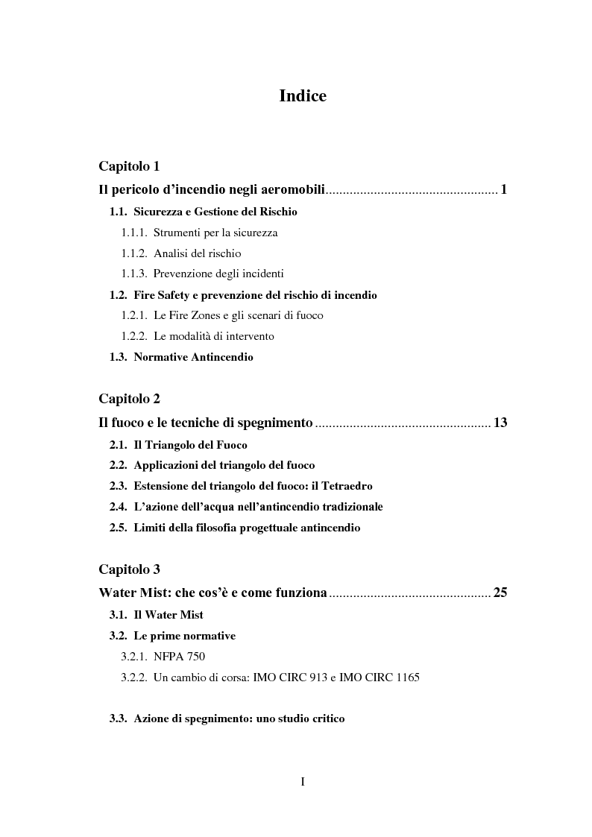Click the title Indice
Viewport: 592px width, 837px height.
(302, 96)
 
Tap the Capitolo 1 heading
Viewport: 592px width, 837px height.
(129, 165)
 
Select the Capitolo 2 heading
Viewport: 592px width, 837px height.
(129, 399)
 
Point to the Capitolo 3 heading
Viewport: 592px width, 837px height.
(129, 569)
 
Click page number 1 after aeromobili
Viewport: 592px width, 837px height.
(504, 190)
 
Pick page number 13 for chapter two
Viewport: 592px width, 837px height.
(500, 423)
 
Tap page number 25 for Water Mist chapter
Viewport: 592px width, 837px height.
(500, 594)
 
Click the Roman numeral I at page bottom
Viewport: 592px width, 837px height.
(303, 782)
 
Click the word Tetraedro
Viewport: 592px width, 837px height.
(346, 486)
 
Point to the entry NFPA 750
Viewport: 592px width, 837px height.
(179, 657)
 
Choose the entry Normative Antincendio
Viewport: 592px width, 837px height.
(193, 357)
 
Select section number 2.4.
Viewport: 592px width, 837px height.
(119, 507)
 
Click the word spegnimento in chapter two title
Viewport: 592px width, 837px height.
(275, 423)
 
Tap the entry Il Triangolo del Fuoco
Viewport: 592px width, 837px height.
(190, 445)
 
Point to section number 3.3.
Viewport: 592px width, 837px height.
(119, 719)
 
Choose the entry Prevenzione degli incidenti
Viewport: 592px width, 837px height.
(218, 274)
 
